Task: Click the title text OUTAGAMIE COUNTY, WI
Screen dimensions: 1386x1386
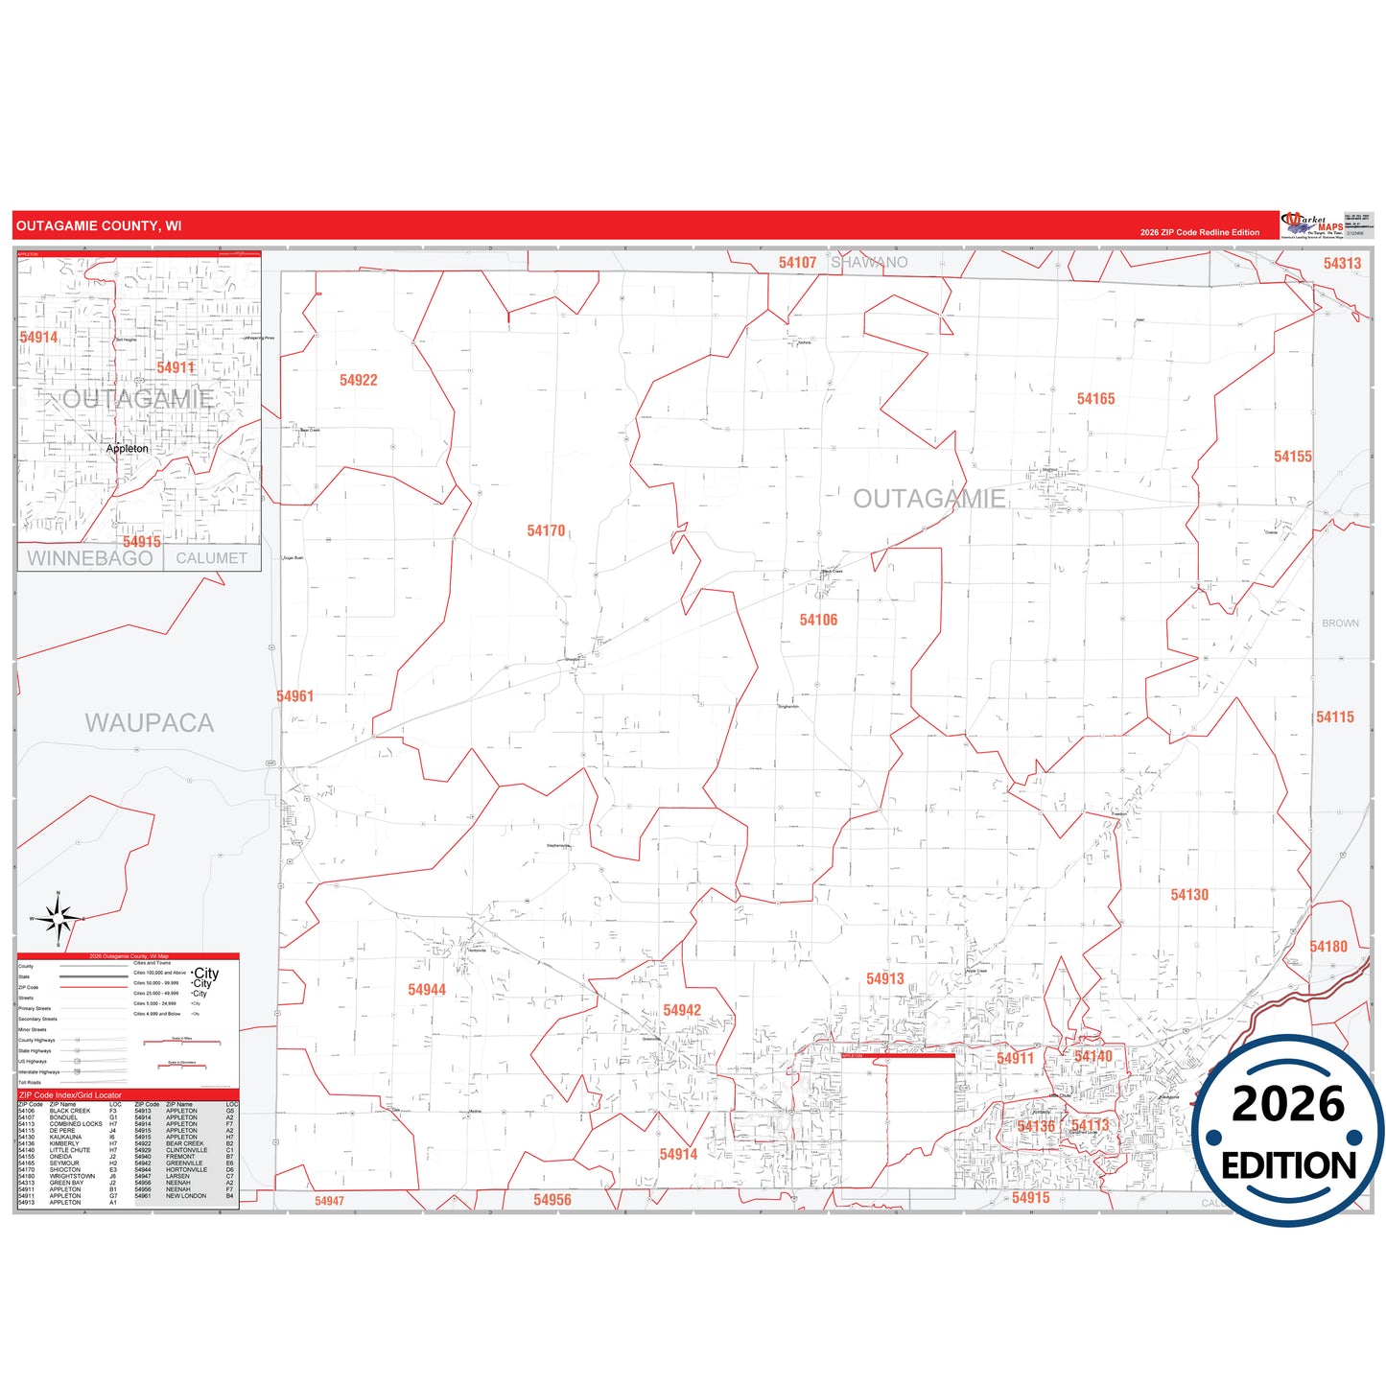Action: point(99,226)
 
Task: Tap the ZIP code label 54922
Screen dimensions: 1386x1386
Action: point(359,381)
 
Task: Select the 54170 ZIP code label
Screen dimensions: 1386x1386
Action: point(546,531)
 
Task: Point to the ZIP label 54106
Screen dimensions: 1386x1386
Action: point(818,621)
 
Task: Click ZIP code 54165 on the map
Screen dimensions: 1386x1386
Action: point(1095,399)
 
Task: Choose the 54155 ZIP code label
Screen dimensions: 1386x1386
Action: point(1292,457)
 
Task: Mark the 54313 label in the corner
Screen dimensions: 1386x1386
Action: point(1342,264)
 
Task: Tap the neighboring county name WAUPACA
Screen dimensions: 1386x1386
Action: point(149,723)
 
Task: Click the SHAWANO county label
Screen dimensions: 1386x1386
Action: point(869,263)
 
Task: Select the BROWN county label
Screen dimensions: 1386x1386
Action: point(1340,623)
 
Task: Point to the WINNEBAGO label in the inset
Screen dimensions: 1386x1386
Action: point(89,558)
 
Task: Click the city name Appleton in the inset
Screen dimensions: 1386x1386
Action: point(128,449)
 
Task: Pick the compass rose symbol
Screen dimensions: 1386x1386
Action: point(59,920)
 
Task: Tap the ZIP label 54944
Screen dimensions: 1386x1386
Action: point(427,990)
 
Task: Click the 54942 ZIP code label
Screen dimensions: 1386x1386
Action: point(682,1010)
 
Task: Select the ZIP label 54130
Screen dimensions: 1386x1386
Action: point(1189,895)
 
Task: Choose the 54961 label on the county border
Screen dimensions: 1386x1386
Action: point(295,696)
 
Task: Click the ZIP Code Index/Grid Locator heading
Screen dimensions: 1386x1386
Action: point(71,1095)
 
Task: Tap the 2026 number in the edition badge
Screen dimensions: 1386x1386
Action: point(1288,1105)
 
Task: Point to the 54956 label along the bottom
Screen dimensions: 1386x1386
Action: point(552,1200)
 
